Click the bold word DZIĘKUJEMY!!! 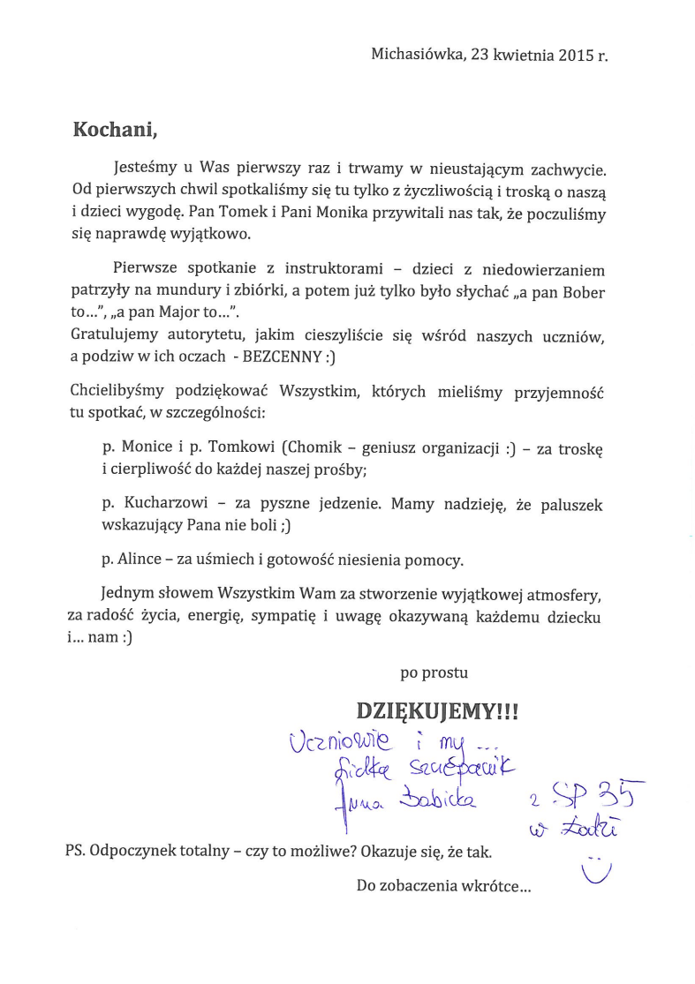(x=436, y=710)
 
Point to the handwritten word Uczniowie (x=330, y=745)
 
